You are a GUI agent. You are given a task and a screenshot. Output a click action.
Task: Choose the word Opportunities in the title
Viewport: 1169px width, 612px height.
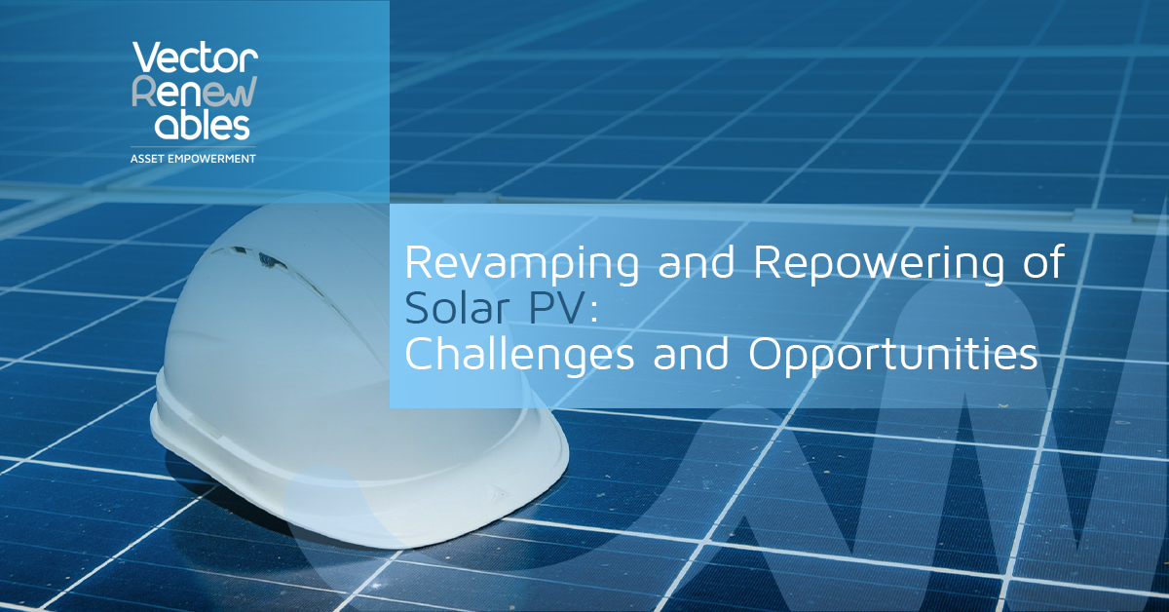pyautogui.click(x=893, y=357)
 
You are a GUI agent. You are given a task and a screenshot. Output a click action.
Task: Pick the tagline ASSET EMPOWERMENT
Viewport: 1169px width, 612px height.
pyautogui.click(x=193, y=157)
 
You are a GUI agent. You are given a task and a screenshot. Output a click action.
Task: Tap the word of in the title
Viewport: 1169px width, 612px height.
pyautogui.click(x=1041, y=264)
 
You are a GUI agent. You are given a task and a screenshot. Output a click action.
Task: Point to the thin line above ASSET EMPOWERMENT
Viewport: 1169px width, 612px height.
pyautogui.click(x=193, y=146)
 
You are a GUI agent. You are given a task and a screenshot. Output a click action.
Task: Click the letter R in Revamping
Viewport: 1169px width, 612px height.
pyautogui.click(x=417, y=264)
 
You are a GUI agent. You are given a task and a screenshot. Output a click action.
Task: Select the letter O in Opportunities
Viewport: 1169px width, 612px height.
pyautogui.click(x=766, y=356)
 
